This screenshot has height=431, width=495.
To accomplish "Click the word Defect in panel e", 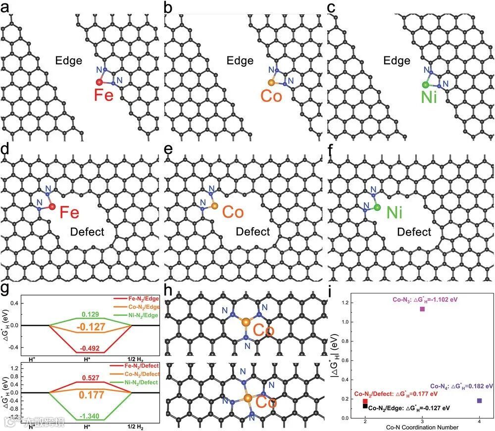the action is [x=252, y=232].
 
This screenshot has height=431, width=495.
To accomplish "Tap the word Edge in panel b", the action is [x=240, y=60].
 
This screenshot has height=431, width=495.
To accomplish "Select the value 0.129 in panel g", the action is [x=91, y=314].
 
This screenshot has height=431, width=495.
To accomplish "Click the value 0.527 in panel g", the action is [x=91, y=378].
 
